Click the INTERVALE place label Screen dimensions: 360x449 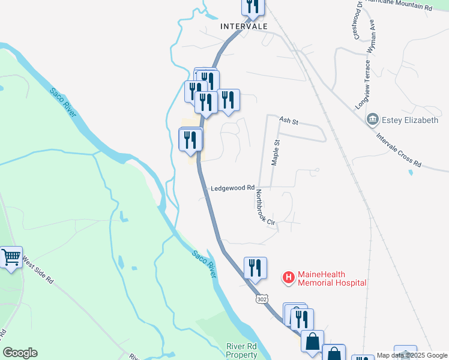pos(243,26)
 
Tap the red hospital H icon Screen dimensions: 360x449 pos(288,277)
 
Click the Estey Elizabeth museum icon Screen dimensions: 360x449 pos(373,120)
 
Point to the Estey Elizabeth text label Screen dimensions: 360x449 pos(411,120)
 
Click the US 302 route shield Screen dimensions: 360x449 pos(262,298)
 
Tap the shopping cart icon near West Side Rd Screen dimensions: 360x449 pos(11,257)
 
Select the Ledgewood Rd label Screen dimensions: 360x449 pos(233,188)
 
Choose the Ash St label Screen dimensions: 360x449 pos(289,121)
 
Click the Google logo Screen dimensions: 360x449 pos(20,353)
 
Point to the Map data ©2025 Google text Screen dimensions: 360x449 pos(412,355)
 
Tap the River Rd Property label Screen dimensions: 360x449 pos(242,350)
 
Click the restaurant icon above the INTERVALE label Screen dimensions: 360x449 pos(253,5)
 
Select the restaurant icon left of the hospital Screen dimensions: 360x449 pos(255,267)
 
